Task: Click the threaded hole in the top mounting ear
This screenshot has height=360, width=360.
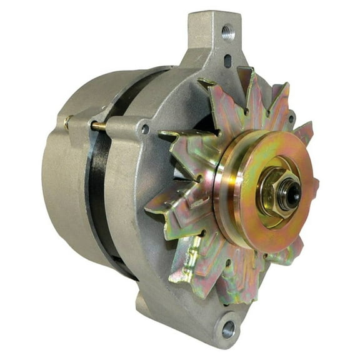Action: [x=227, y=29]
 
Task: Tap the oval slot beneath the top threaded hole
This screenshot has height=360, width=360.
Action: [x=227, y=60]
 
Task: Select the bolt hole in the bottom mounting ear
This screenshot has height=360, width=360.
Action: [x=229, y=327]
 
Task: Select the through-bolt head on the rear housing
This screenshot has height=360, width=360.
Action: [x=66, y=122]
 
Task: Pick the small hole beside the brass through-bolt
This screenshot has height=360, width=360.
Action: [x=145, y=129]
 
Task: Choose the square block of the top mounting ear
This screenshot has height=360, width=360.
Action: [x=216, y=37]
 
